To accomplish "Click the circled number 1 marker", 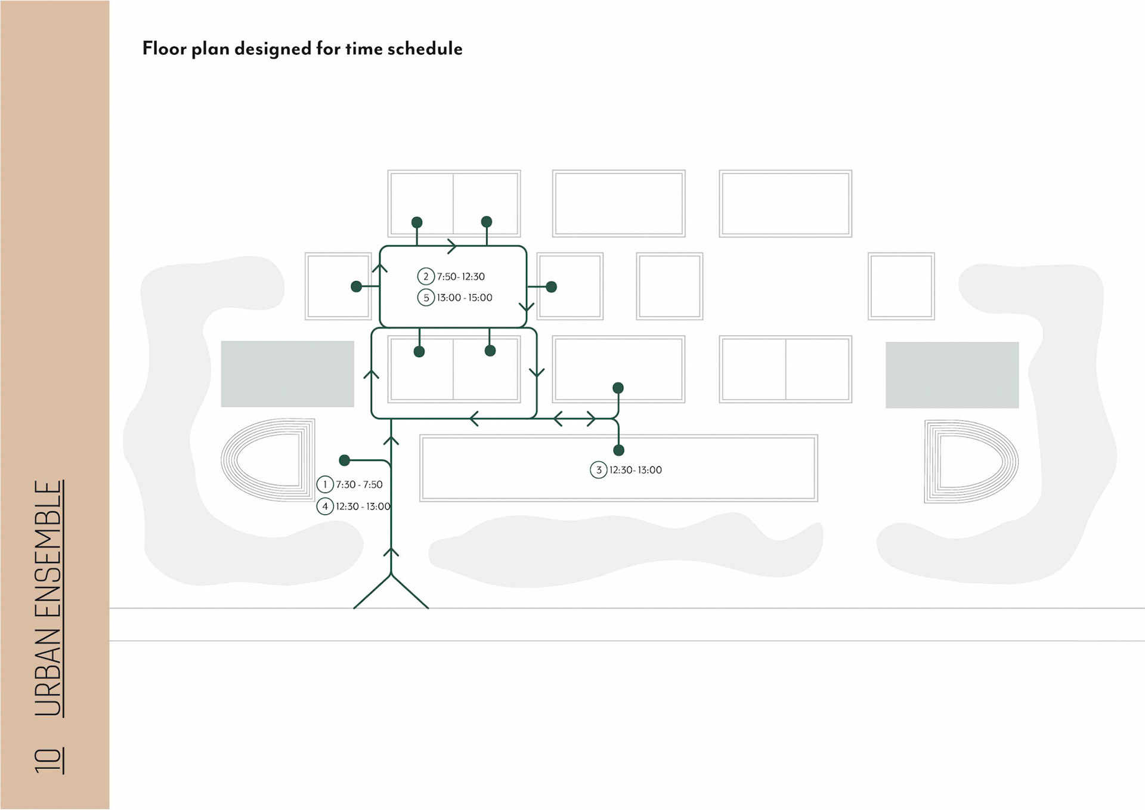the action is pos(324,484).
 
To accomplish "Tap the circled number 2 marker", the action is pos(425,276).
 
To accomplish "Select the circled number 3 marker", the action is pos(598,470).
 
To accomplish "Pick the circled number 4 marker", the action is pos(324,506).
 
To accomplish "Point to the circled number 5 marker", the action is pos(425,298).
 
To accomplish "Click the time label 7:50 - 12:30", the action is pos(461,277).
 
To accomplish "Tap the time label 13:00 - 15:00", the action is pos(465,298).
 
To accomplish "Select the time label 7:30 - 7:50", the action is pos(359,485).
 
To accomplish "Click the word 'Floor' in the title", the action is pos(163,48).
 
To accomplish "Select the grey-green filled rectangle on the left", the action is pos(287,374).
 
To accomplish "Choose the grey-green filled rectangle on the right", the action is pos(952,375).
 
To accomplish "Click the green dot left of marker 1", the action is pos(344,460).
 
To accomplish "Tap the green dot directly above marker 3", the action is pos(618,450).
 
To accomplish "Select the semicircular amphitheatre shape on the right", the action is pos(971,461).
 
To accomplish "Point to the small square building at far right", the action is pos(901,286).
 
